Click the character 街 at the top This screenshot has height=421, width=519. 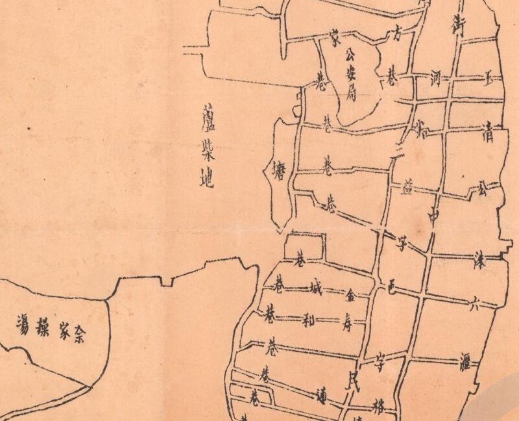coord(459,24)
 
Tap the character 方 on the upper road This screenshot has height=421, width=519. coord(394,34)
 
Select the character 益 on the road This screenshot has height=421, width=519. coord(407,189)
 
